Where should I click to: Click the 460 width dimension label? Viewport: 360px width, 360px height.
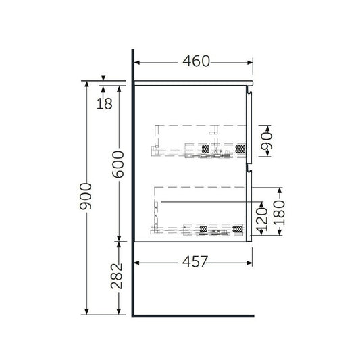point(195,61)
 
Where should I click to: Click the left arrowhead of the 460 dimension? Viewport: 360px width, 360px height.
point(138,62)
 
